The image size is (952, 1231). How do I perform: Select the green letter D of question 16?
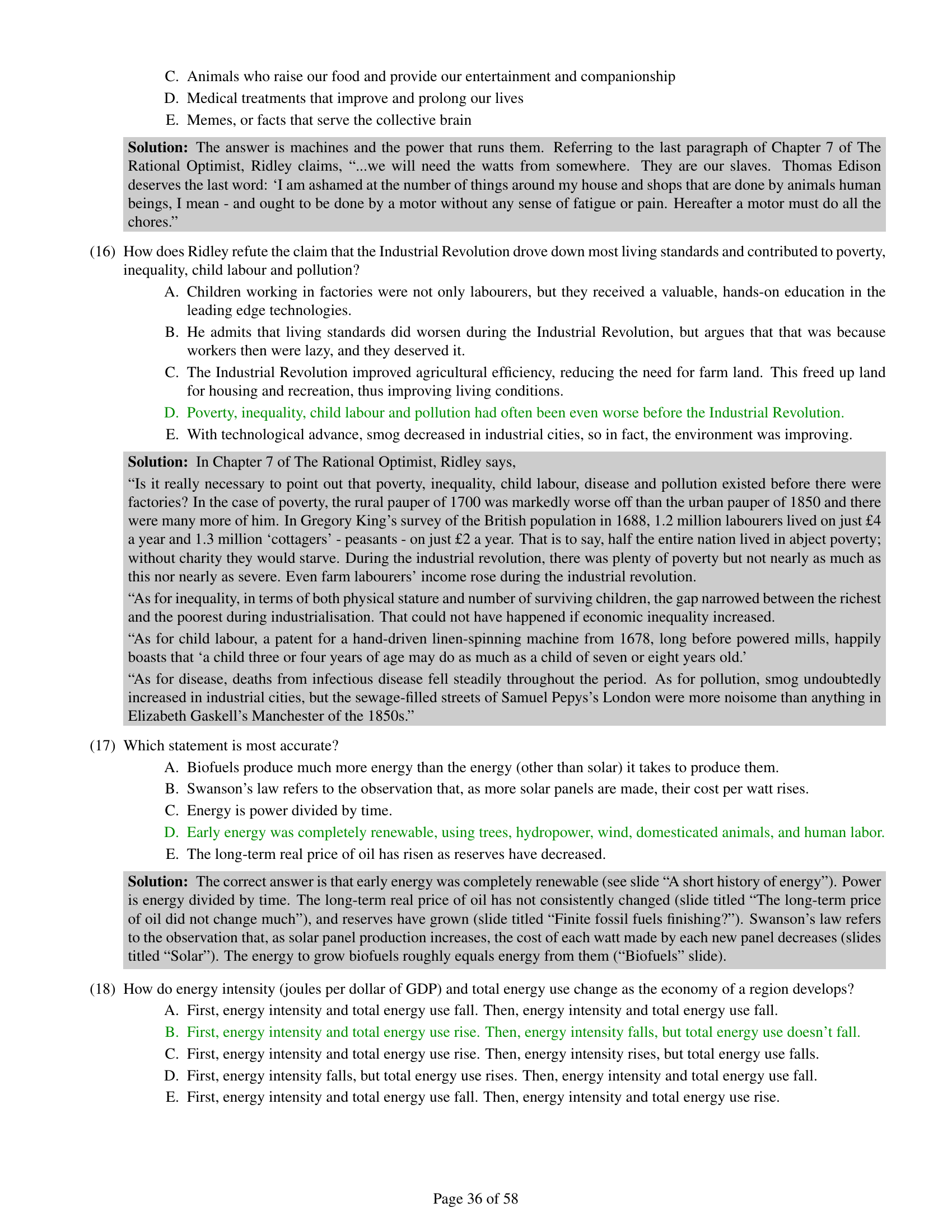[171, 412]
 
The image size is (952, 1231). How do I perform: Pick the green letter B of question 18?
[171, 1032]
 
